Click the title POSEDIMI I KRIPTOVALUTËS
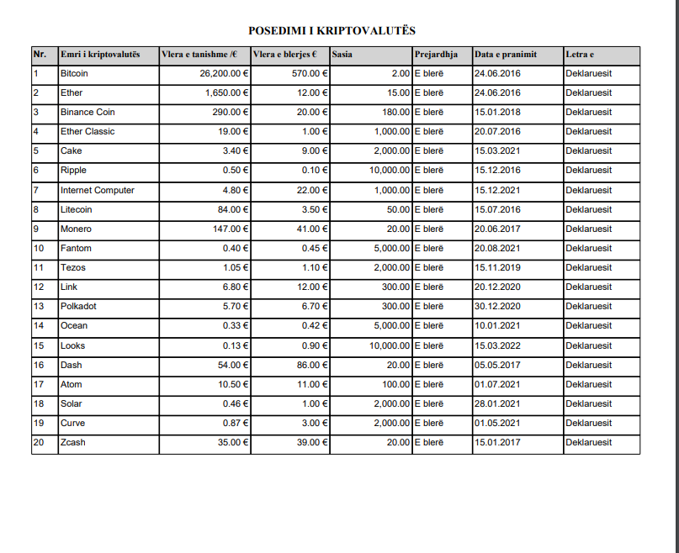332,31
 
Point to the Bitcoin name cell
74,74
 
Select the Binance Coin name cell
88,112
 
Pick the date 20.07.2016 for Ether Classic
497,131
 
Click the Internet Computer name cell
97,190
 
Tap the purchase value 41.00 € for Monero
311,229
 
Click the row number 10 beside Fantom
39,248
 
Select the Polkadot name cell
78,306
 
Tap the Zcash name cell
73,442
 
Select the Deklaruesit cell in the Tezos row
588,267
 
